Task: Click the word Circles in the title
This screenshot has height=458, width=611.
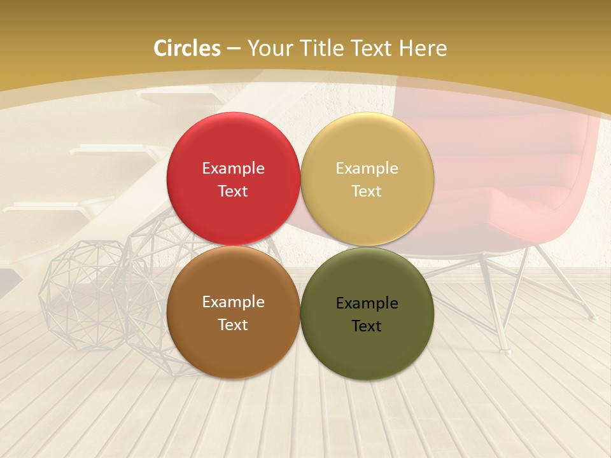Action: [x=187, y=48]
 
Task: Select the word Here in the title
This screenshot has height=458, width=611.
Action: [x=423, y=48]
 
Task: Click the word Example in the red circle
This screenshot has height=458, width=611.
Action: [x=233, y=169]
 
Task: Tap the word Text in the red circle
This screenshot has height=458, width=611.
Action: [x=233, y=191]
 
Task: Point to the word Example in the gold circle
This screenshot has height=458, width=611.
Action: [x=367, y=169]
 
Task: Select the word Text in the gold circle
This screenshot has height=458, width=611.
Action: [x=367, y=191]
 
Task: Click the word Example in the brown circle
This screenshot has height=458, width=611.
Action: [x=233, y=302]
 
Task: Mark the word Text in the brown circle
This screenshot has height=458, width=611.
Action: [x=233, y=325]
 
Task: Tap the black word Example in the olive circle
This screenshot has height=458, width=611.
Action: [x=367, y=303]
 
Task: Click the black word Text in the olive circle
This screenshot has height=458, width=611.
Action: [x=367, y=326]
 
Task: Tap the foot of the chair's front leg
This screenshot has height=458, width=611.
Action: [x=503, y=349]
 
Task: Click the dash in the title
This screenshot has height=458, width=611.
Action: [x=234, y=48]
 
